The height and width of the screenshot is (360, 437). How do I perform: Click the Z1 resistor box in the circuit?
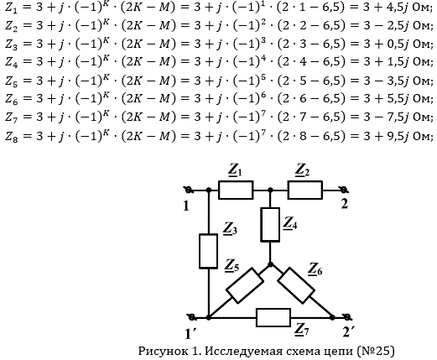[236, 190]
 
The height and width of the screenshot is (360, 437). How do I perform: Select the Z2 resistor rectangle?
[304, 190]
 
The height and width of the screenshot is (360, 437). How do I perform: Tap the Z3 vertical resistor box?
[208, 251]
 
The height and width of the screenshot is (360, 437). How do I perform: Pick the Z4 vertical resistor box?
[270, 225]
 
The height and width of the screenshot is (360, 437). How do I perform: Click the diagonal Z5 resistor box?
[245, 285]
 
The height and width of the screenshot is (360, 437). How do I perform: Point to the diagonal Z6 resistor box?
[296, 285]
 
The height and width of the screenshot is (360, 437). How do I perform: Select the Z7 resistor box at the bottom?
[273, 317]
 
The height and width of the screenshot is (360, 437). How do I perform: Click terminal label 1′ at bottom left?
[190, 333]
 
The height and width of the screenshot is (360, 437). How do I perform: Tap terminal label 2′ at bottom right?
[348, 332]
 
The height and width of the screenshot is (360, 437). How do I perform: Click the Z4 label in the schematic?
[290, 224]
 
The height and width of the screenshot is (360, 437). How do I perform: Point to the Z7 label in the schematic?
[302, 330]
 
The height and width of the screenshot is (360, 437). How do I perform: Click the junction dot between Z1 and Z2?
[270, 190]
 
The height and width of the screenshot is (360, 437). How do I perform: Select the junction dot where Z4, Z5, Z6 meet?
[270, 264]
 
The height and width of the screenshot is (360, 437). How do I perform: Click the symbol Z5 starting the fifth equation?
[12, 81]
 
